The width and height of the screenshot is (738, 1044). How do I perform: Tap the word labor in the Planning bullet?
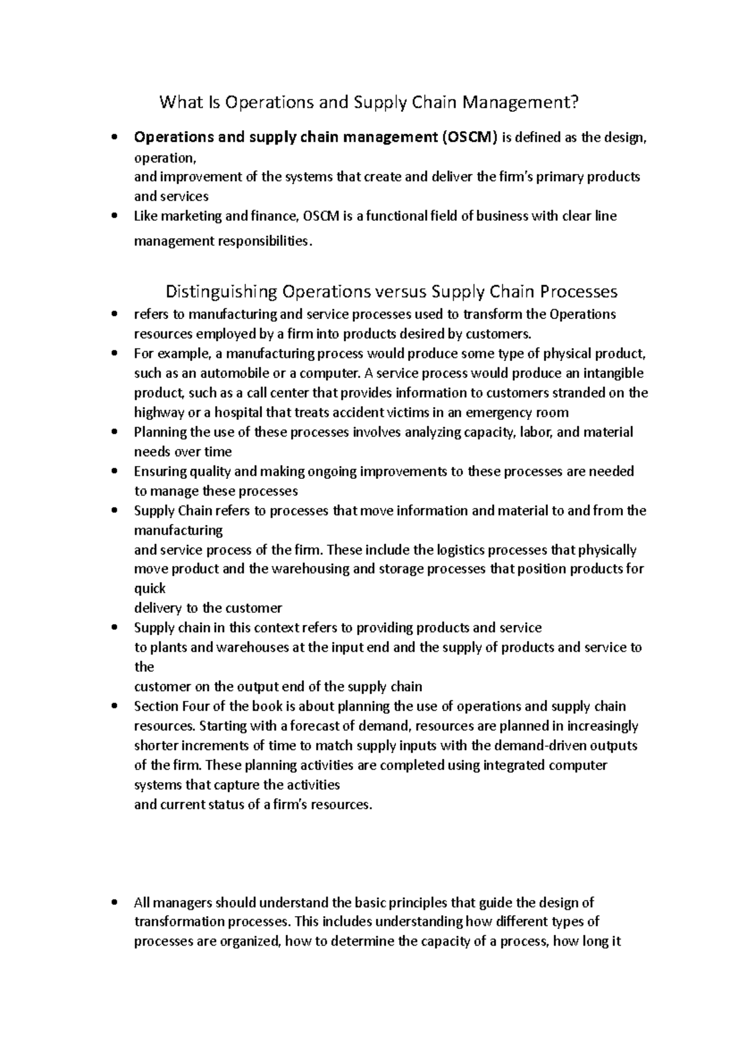[536, 432]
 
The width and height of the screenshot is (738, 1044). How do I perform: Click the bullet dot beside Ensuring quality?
[114, 472]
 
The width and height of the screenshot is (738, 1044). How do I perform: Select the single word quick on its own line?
[149, 588]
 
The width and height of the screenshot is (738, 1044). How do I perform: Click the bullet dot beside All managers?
[114, 903]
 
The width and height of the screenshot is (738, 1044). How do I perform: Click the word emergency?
[501, 413]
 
